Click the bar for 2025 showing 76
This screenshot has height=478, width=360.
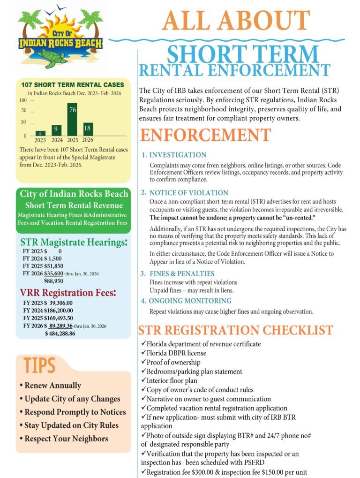tap(72, 119)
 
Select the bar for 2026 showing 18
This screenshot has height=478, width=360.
tap(88, 129)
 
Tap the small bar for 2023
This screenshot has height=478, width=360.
tap(41, 133)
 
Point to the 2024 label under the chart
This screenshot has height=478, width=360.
tap(57, 139)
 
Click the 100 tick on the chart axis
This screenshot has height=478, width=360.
tap(23, 100)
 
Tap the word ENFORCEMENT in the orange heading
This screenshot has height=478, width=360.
tap(205, 135)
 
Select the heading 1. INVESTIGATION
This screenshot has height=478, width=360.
tap(174, 155)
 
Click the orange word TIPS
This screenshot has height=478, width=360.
tap(40, 365)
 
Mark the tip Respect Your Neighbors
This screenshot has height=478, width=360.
tap(64, 439)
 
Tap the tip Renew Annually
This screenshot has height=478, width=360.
tap(50, 385)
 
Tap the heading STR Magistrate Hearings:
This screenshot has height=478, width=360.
tap(74, 243)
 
